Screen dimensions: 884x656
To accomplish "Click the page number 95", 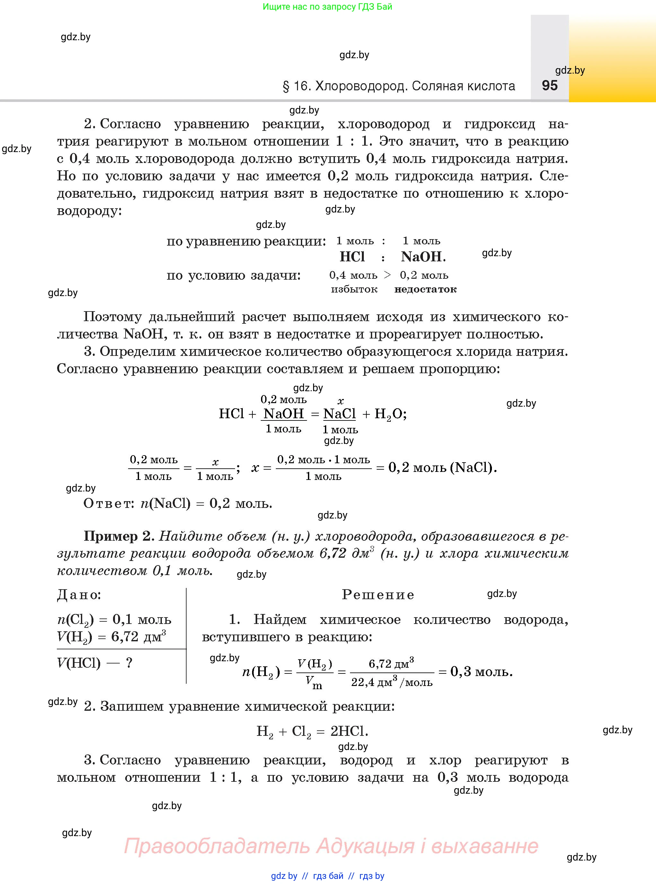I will click(x=550, y=86).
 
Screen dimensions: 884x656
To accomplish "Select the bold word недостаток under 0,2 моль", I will click(x=425, y=289).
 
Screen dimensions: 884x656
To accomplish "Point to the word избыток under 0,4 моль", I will click(x=354, y=289).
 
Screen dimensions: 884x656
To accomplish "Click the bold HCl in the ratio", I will click(x=352, y=257).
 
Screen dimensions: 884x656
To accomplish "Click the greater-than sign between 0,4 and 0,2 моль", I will click(x=388, y=275).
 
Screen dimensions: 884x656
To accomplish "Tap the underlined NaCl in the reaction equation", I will click(x=339, y=414).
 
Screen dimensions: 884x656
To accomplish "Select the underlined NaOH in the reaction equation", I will click(x=284, y=414).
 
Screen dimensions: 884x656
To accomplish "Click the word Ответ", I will click(x=109, y=504).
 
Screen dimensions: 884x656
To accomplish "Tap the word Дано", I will click(x=79, y=595).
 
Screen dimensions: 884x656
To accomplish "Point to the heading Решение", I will click(x=378, y=595).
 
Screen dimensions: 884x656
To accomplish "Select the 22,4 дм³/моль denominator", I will click(x=391, y=682).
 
